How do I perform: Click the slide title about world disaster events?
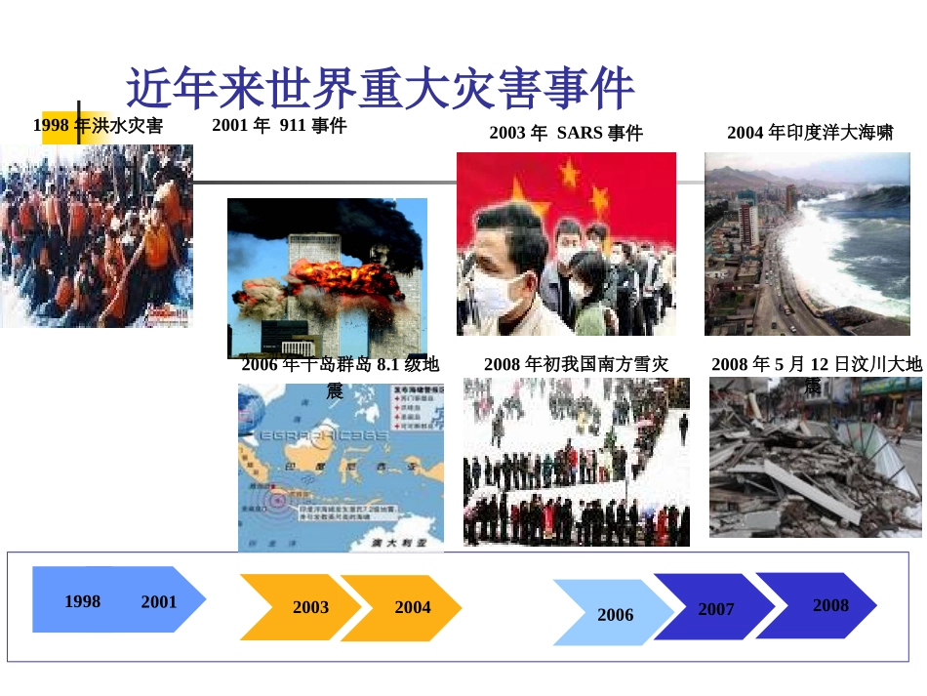tap(381, 89)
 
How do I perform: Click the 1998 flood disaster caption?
tap(98, 126)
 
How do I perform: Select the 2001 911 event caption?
tap(279, 125)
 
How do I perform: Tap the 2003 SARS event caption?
tap(566, 133)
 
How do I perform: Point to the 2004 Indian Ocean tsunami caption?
tap(809, 132)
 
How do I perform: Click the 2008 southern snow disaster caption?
tap(576, 364)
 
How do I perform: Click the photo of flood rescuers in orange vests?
tap(96, 235)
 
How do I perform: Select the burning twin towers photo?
tap(327, 278)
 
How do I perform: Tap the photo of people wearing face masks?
tap(566, 244)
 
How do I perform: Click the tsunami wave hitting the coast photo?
tap(807, 244)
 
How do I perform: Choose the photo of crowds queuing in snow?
tap(576, 462)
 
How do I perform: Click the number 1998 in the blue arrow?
tap(82, 601)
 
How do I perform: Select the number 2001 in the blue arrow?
tap(159, 601)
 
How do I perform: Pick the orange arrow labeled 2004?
tap(404, 607)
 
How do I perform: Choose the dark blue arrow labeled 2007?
tap(715, 608)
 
